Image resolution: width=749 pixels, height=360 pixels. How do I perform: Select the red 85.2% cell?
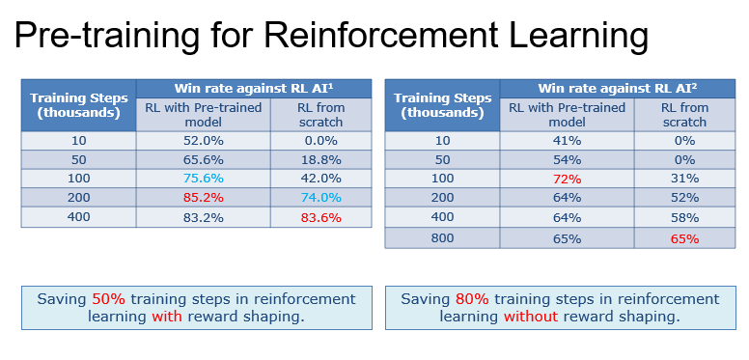pos(204,198)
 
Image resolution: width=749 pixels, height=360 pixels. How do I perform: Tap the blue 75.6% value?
pos(204,179)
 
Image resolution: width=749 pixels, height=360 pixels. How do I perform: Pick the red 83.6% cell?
pos(321,218)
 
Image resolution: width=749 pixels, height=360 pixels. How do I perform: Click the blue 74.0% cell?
pos(321,198)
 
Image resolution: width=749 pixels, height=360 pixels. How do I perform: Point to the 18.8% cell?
pos(321,159)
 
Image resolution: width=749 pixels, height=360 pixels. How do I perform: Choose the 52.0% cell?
pos(204,141)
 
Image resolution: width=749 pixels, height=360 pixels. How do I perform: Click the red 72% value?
pos(568,180)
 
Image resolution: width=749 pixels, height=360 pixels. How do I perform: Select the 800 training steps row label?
pos(442,237)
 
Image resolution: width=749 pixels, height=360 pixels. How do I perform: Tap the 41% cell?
pos(568,141)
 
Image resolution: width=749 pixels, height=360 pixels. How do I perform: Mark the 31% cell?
pos(685,179)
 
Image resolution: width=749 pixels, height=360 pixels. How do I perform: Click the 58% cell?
pos(685,218)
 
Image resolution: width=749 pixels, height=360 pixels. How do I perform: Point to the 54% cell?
pos(568,159)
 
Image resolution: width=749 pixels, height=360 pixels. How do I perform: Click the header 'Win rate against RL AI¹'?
pos(254,89)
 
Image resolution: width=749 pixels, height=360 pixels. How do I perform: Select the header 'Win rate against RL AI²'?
pos(618,89)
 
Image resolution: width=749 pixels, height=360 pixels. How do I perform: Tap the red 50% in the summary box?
pos(108,299)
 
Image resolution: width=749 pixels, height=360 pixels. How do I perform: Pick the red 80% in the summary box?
pos(472,299)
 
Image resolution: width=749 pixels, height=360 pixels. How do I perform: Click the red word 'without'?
pos(531,317)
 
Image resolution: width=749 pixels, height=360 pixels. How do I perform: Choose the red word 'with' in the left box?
pos(167,317)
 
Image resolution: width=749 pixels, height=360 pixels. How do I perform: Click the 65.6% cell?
pos(204,159)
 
